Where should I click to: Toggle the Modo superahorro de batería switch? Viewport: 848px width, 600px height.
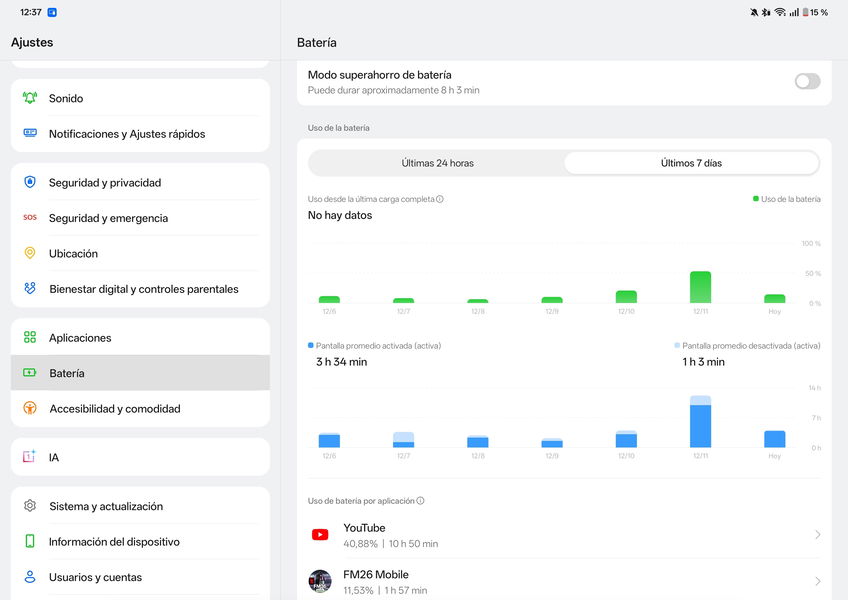tap(807, 81)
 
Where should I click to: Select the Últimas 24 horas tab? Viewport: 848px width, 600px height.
tap(437, 163)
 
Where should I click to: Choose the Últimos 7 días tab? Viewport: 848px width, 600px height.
tap(691, 163)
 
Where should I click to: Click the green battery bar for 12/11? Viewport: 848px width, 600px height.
tap(700, 287)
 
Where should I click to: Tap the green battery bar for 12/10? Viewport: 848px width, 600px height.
tap(626, 297)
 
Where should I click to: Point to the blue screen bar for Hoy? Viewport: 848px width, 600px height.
tap(774, 439)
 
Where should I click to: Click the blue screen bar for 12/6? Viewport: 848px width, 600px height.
tap(329, 441)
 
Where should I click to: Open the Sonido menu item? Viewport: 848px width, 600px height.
tap(66, 98)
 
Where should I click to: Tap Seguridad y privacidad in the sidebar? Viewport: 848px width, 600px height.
tap(105, 183)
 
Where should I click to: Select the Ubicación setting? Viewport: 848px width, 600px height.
tap(73, 254)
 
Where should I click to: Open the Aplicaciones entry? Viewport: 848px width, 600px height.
tap(80, 338)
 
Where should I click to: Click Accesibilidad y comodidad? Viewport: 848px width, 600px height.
tap(114, 409)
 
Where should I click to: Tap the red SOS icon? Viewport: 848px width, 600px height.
tap(30, 218)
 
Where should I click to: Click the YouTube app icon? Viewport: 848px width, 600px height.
tap(320, 535)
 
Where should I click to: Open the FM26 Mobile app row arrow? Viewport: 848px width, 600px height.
tap(817, 581)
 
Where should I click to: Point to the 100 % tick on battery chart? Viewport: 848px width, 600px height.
tap(811, 244)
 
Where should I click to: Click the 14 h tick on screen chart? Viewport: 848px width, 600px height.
tap(815, 388)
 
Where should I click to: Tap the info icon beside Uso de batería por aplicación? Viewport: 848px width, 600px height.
tap(420, 501)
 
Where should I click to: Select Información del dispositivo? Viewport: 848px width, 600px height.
tap(114, 542)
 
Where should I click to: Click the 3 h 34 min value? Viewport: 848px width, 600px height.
tap(341, 362)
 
